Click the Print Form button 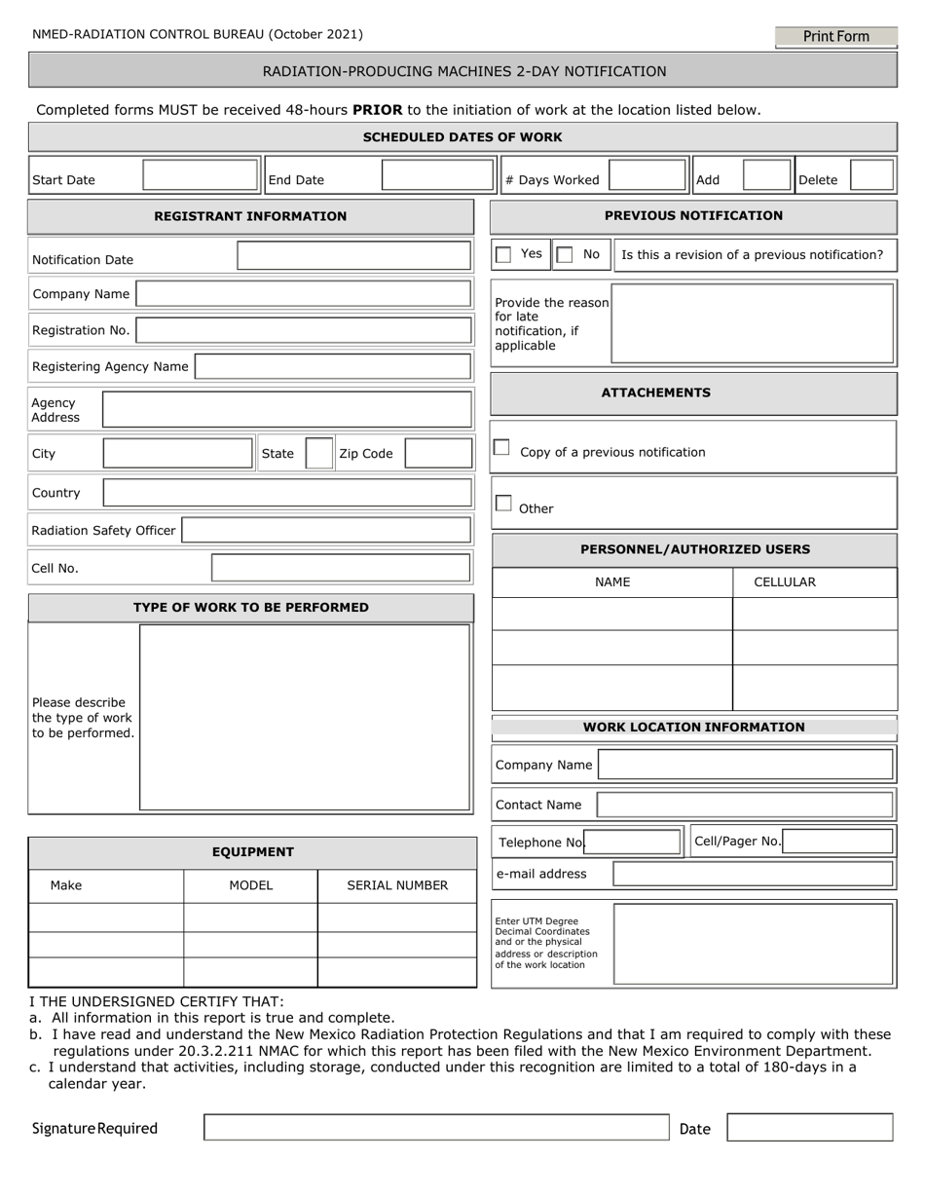pyautogui.click(x=835, y=37)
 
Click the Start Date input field pyautogui.click(x=201, y=175)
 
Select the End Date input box pyautogui.click(x=437, y=175)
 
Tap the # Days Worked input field pyautogui.click(x=647, y=175)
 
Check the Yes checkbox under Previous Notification pyautogui.click(x=503, y=255)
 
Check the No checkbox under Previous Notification pyautogui.click(x=565, y=255)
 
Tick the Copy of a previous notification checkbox pyautogui.click(x=501, y=448)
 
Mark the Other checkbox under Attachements pyautogui.click(x=503, y=504)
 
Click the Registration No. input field pyautogui.click(x=303, y=330)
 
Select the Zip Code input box pyautogui.click(x=438, y=454)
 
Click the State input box pyautogui.click(x=319, y=454)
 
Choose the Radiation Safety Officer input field pyautogui.click(x=326, y=531)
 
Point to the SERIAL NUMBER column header pyautogui.click(x=397, y=885)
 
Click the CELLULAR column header pyautogui.click(x=785, y=582)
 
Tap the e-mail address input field pyautogui.click(x=753, y=874)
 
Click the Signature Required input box pyautogui.click(x=436, y=1127)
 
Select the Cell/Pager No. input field pyautogui.click(x=837, y=842)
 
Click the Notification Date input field pyautogui.click(x=354, y=256)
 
